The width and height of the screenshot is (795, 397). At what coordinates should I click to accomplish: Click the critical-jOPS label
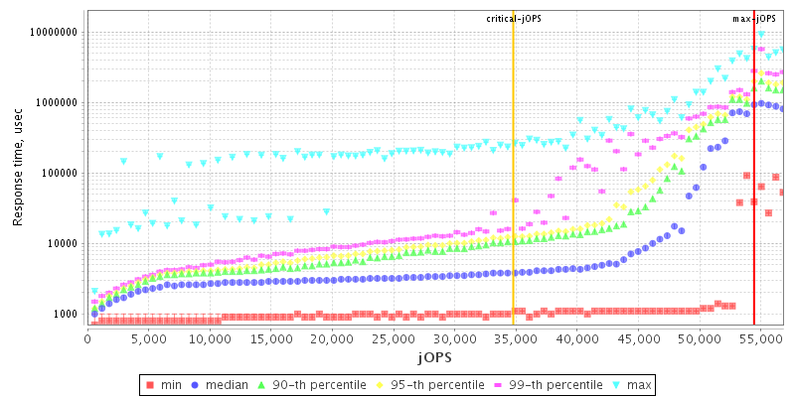(x=513, y=19)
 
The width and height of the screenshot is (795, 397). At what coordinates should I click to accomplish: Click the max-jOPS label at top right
(x=754, y=19)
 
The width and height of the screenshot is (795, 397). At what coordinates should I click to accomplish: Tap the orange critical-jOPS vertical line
(x=513, y=198)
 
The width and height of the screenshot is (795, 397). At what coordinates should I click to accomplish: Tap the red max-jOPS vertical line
(x=754, y=198)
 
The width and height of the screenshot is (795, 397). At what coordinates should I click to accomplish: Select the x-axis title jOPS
(x=434, y=355)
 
